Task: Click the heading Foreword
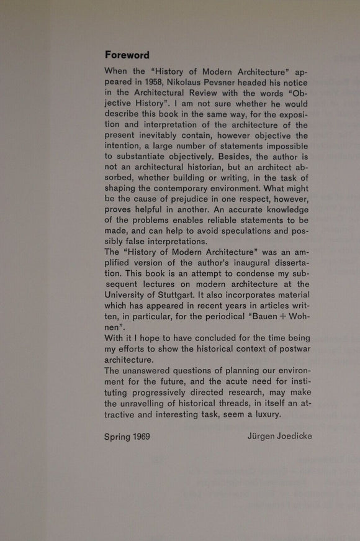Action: pos(127,55)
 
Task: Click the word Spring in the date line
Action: pos(118,437)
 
